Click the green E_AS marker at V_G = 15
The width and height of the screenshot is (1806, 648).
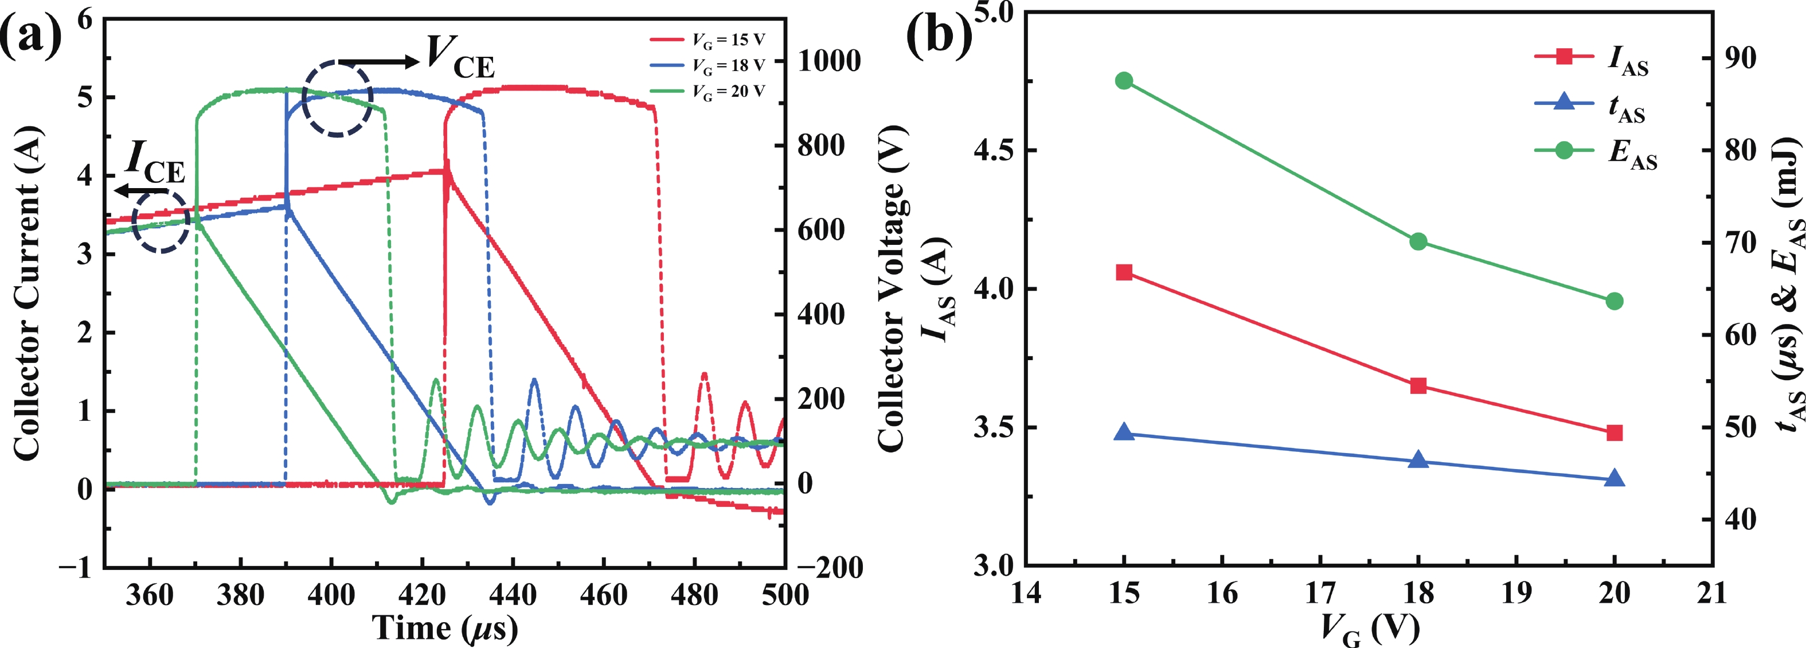point(1124,81)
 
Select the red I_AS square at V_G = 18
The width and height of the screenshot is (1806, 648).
point(1418,386)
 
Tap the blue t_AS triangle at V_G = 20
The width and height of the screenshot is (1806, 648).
point(1614,479)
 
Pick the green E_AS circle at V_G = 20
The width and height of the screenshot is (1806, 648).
point(1614,302)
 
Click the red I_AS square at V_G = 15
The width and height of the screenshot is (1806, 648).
point(1124,273)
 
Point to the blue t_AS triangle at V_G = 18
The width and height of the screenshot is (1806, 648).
point(1418,460)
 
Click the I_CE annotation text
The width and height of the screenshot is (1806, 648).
point(155,163)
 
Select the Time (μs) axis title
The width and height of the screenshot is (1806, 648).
point(444,628)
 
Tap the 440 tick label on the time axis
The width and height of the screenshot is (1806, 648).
point(513,595)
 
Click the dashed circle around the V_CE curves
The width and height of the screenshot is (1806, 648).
point(337,98)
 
